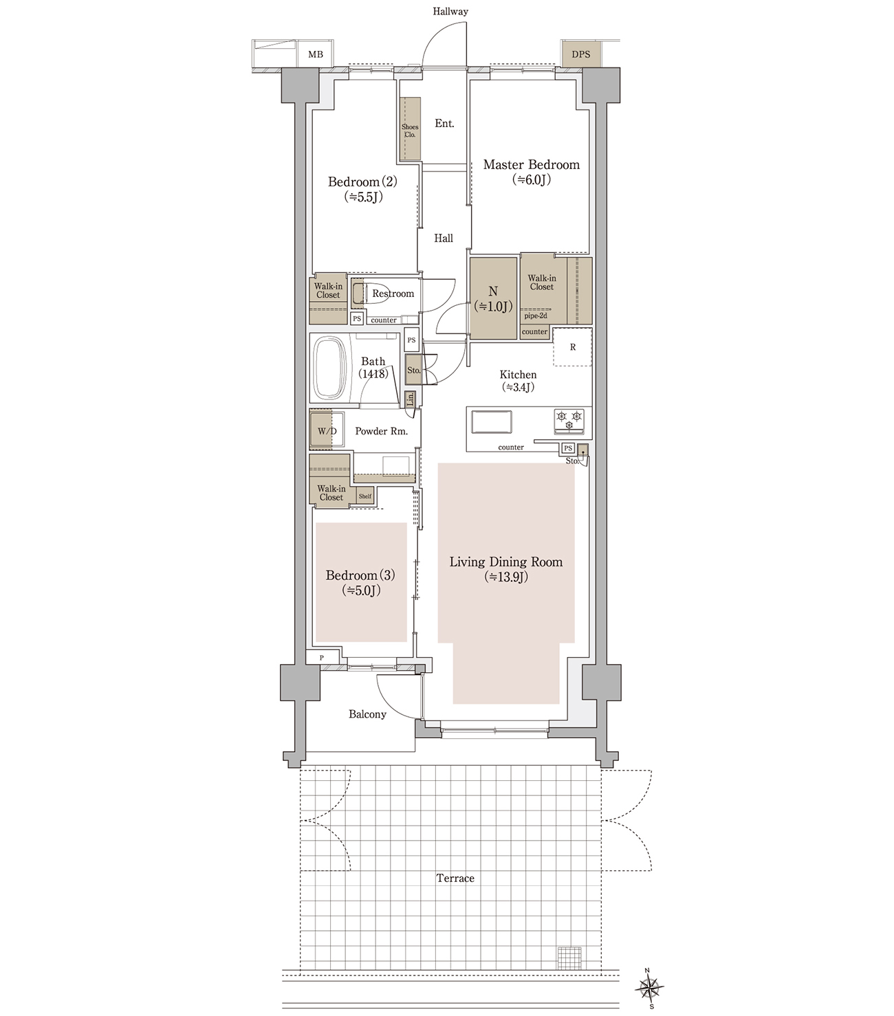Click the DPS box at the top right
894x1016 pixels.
point(580,54)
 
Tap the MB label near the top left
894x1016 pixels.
point(316,55)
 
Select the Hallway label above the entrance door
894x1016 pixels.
point(450,12)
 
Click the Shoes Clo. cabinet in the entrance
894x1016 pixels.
point(410,129)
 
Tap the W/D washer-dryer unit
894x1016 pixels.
point(327,430)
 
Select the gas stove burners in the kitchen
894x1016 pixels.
point(569,420)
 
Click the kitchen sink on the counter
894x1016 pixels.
point(492,421)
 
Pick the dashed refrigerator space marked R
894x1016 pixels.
point(572,346)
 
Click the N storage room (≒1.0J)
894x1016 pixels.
point(494,298)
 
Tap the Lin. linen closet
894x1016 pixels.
point(410,399)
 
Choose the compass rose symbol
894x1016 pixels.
point(649,989)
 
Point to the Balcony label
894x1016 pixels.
point(367,714)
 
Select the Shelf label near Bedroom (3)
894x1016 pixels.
point(364,496)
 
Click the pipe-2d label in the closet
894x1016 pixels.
point(536,316)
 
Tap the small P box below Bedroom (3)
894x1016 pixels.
point(322,657)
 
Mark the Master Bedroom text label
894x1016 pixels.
point(532,164)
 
